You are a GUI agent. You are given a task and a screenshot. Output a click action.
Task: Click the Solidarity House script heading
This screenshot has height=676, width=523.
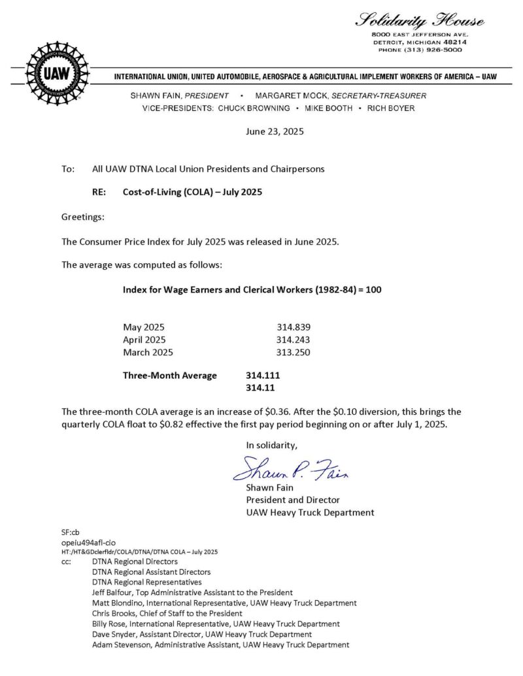tap(420, 20)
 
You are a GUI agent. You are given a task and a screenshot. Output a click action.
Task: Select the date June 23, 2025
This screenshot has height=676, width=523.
tap(275, 131)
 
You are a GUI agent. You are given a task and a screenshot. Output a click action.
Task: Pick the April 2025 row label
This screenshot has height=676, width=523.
tap(144, 340)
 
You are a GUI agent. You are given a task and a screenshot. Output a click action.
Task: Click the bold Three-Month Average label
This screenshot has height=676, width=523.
tap(170, 376)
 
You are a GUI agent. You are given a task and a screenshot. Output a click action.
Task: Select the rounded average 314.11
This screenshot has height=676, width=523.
tap(260, 388)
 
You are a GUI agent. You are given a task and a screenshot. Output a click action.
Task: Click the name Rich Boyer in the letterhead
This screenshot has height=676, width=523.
tap(391, 108)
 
